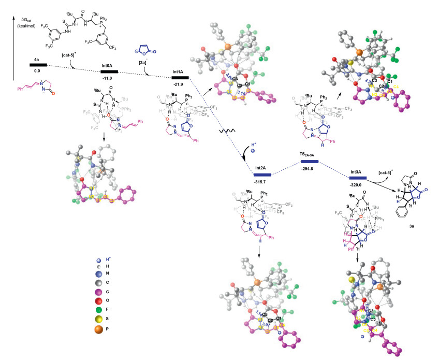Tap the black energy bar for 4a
38,65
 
